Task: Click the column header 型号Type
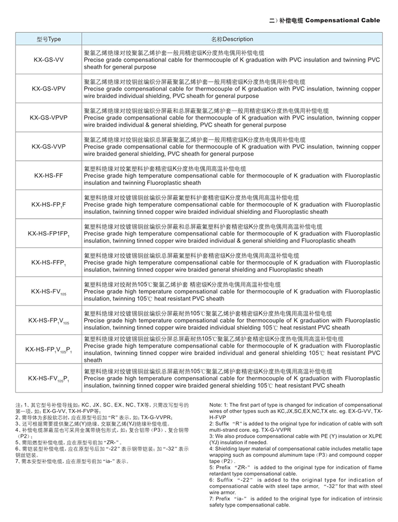(48, 39)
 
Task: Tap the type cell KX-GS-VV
(48, 60)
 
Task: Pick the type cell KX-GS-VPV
(48, 89)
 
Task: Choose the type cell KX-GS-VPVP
(48, 118)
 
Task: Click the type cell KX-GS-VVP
(48, 146)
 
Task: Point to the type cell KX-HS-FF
(48, 175)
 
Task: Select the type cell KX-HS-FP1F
(48, 204)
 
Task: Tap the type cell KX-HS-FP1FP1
(48, 233)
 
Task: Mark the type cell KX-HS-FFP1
(48, 262)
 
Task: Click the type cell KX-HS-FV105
(48, 291)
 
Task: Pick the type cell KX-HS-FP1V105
(48, 320)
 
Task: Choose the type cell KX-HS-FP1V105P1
(48, 349)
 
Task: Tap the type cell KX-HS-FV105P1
(48, 378)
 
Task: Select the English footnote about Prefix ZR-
(296, 471)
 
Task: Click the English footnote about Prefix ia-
(296, 502)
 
